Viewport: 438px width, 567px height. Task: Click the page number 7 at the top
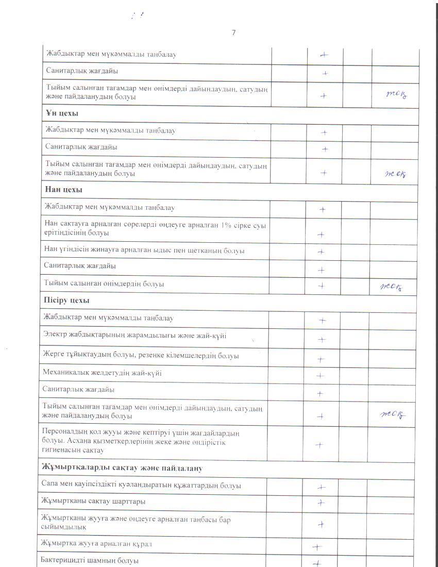(233, 32)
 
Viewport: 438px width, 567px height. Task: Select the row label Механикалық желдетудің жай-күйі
(102, 373)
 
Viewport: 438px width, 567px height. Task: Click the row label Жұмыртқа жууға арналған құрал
(97, 544)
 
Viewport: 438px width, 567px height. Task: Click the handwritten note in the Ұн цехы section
(396, 174)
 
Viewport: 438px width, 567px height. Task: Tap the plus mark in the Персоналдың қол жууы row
(319, 444)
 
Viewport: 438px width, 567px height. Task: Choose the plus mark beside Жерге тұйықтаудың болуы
(320, 359)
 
